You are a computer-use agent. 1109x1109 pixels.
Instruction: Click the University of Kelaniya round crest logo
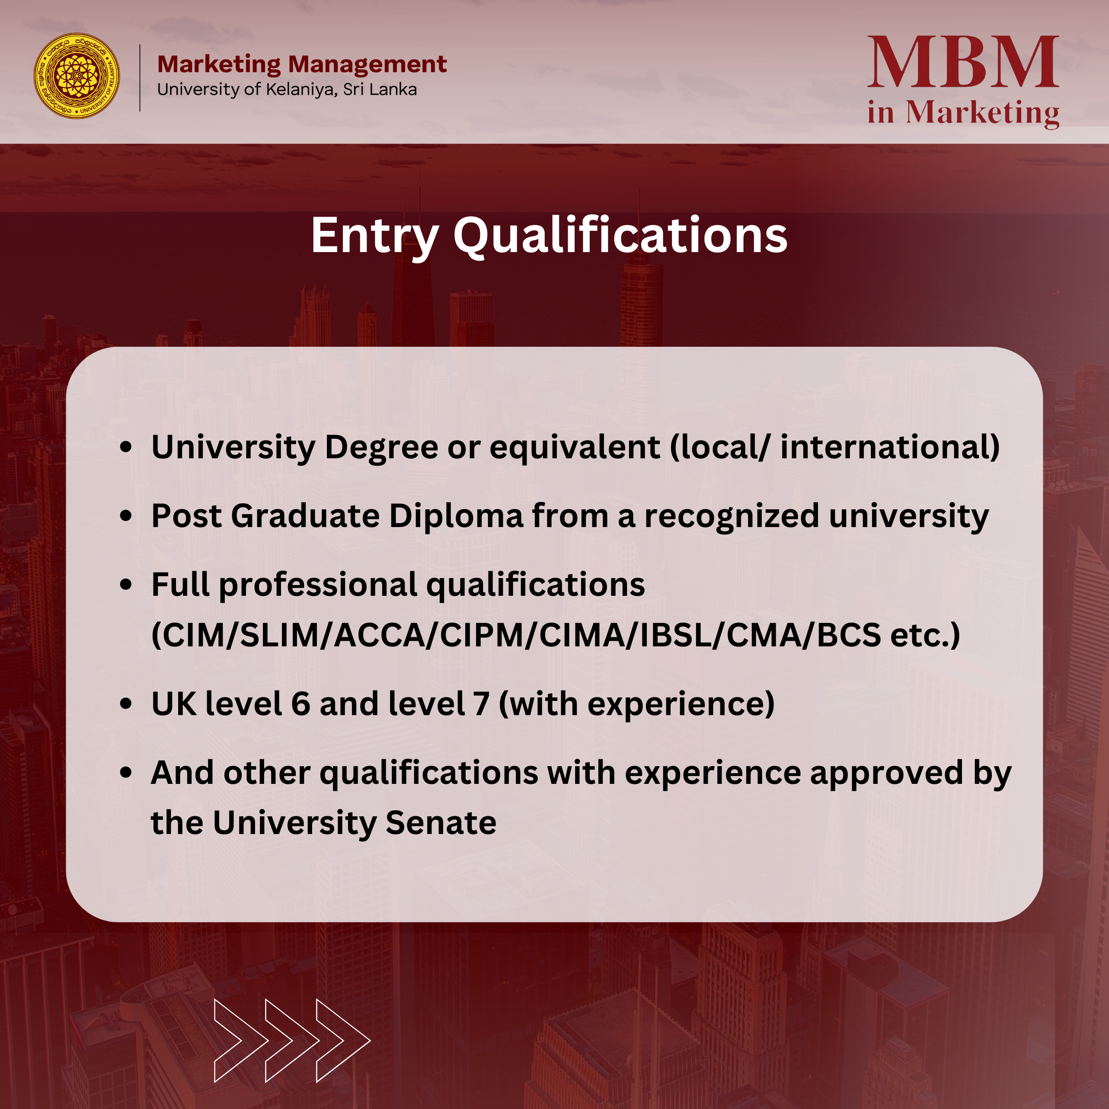(x=77, y=76)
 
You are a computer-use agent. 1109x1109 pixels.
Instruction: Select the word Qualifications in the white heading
(x=620, y=236)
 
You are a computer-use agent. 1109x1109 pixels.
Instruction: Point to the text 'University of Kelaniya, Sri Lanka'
(x=287, y=90)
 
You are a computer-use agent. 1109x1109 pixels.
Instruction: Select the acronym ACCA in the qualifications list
(x=379, y=636)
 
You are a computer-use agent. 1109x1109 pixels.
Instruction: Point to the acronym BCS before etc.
(x=849, y=636)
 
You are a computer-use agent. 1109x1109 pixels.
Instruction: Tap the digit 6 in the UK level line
(x=301, y=704)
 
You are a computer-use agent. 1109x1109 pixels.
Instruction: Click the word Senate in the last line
(x=441, y=823)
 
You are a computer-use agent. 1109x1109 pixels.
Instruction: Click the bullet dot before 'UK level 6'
(x=126, y=704)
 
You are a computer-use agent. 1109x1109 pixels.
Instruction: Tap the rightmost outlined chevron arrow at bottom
(x=343, y=1041)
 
